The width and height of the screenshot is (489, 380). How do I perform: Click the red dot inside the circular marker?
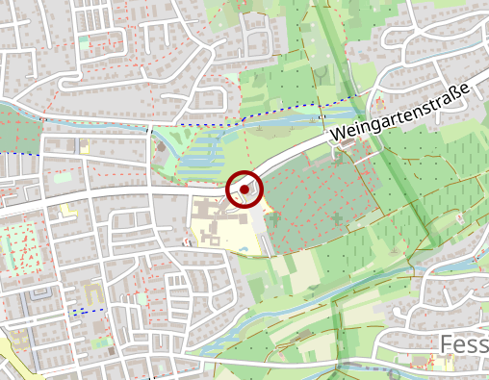[244, 190]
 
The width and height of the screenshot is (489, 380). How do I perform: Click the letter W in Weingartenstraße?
[338, 137]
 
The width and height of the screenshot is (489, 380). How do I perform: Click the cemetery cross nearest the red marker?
[274, 218]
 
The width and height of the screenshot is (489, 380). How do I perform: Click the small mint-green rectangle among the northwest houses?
[84, 41]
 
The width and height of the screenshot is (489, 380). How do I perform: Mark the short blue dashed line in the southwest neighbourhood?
[87, 311]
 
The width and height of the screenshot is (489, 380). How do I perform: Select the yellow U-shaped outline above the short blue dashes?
[92, 290]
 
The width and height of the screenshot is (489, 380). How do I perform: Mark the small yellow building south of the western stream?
[85, 146]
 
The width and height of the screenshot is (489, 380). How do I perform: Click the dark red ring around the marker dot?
[244, 174]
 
